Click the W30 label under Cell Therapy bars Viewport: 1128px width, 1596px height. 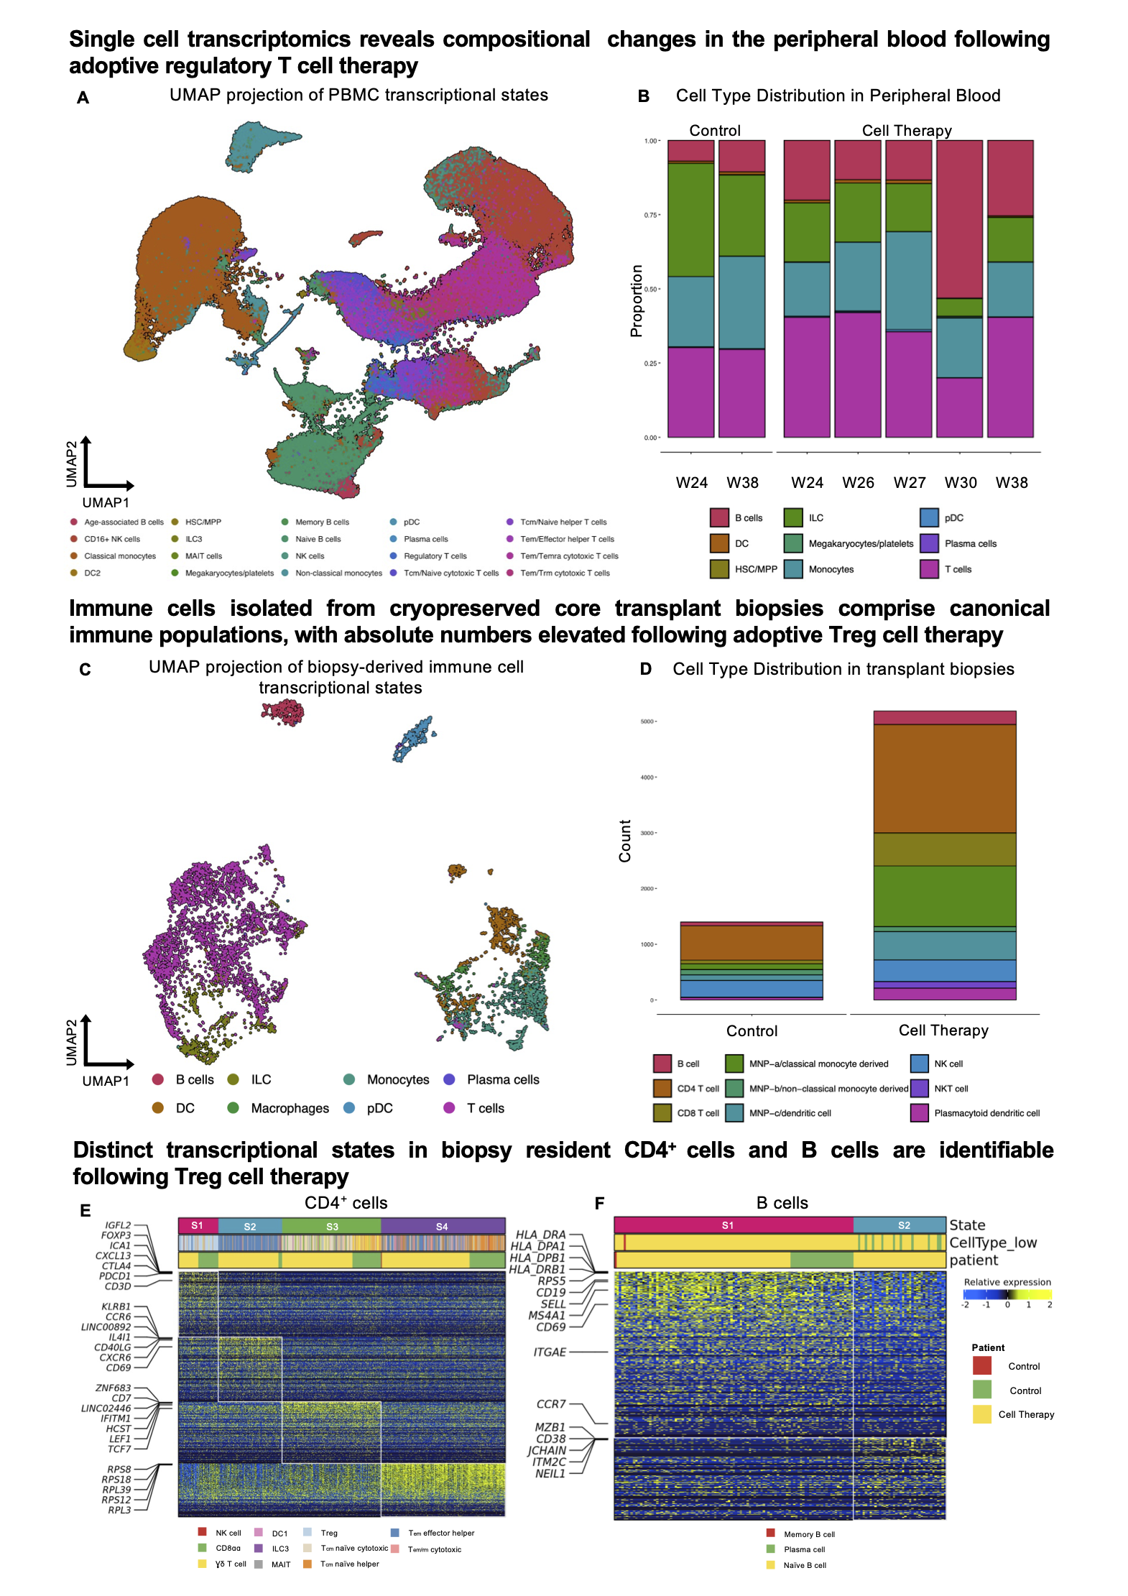click(960, 483)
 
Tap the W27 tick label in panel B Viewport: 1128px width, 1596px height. click(909, 483)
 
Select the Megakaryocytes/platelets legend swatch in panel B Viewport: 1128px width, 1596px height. click(793, 543)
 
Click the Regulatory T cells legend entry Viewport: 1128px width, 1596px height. click(435, 556)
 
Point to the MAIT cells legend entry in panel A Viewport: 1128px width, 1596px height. click(203, 556)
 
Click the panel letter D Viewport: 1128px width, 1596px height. click(645, 669)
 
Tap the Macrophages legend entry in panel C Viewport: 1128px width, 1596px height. click(290, 1108)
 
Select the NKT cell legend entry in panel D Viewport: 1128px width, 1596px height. click(951, 1089)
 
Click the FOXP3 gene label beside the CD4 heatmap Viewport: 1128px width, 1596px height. click(116, 1235)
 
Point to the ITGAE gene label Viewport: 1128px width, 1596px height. click(550, 1352)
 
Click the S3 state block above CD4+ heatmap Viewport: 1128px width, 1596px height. click(332, 1227)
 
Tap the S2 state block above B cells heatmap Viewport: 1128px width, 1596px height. click(904, 1225)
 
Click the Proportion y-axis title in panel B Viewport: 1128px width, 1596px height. click(636, 300)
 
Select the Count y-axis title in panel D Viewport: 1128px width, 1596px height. click(625, 841)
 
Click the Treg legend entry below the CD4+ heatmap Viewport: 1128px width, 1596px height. click(328, 1533)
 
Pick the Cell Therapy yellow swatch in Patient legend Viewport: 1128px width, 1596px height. click(981, 1414)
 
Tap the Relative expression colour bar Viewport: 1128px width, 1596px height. click(1007, 1294)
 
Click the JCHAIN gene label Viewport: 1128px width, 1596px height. click(547, 1450)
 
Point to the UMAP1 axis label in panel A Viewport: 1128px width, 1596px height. click(106, 502)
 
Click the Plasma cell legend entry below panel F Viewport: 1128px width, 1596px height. click(803, 1549)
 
